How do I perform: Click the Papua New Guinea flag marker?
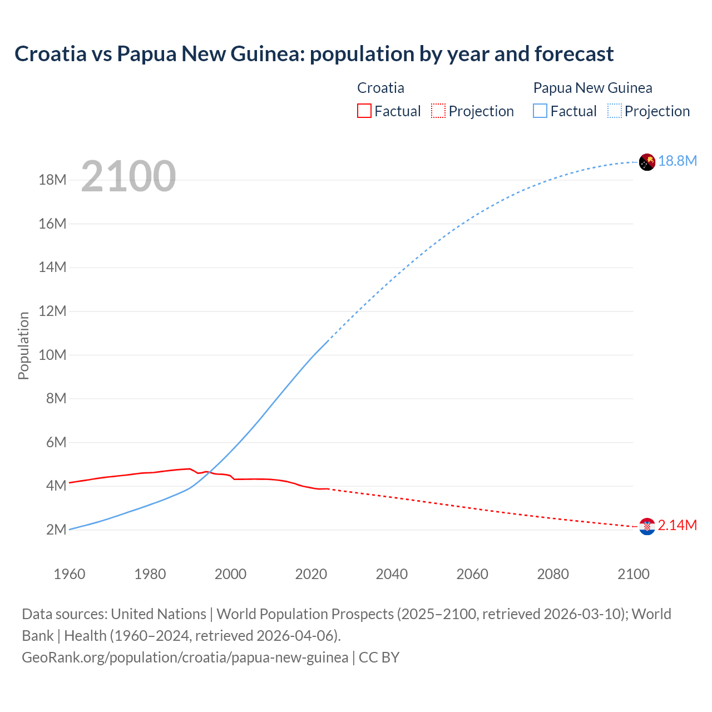point(647,162)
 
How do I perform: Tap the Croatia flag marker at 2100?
point(647,526)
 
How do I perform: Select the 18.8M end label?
point(678,161)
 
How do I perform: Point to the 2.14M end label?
point(678,525)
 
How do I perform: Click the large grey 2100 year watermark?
point(128,176)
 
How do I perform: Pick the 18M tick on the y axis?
point(53,180)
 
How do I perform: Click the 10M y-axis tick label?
point(53,355)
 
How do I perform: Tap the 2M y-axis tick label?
point(56,530)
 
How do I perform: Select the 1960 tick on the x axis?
point(70,574)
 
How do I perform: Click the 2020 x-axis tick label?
point(311,574)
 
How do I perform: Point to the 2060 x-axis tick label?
point(472,574)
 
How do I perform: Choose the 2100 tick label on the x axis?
point(633,574)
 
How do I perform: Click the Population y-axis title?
point(23,345)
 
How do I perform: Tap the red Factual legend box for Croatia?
point(364,111)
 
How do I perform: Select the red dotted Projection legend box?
point(438,111)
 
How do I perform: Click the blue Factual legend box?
point(540,111)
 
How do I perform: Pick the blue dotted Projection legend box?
point(615,111)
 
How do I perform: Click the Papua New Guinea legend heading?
point(592,88)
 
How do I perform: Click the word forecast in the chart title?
point(574,54)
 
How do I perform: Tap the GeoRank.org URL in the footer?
point(185,657)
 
